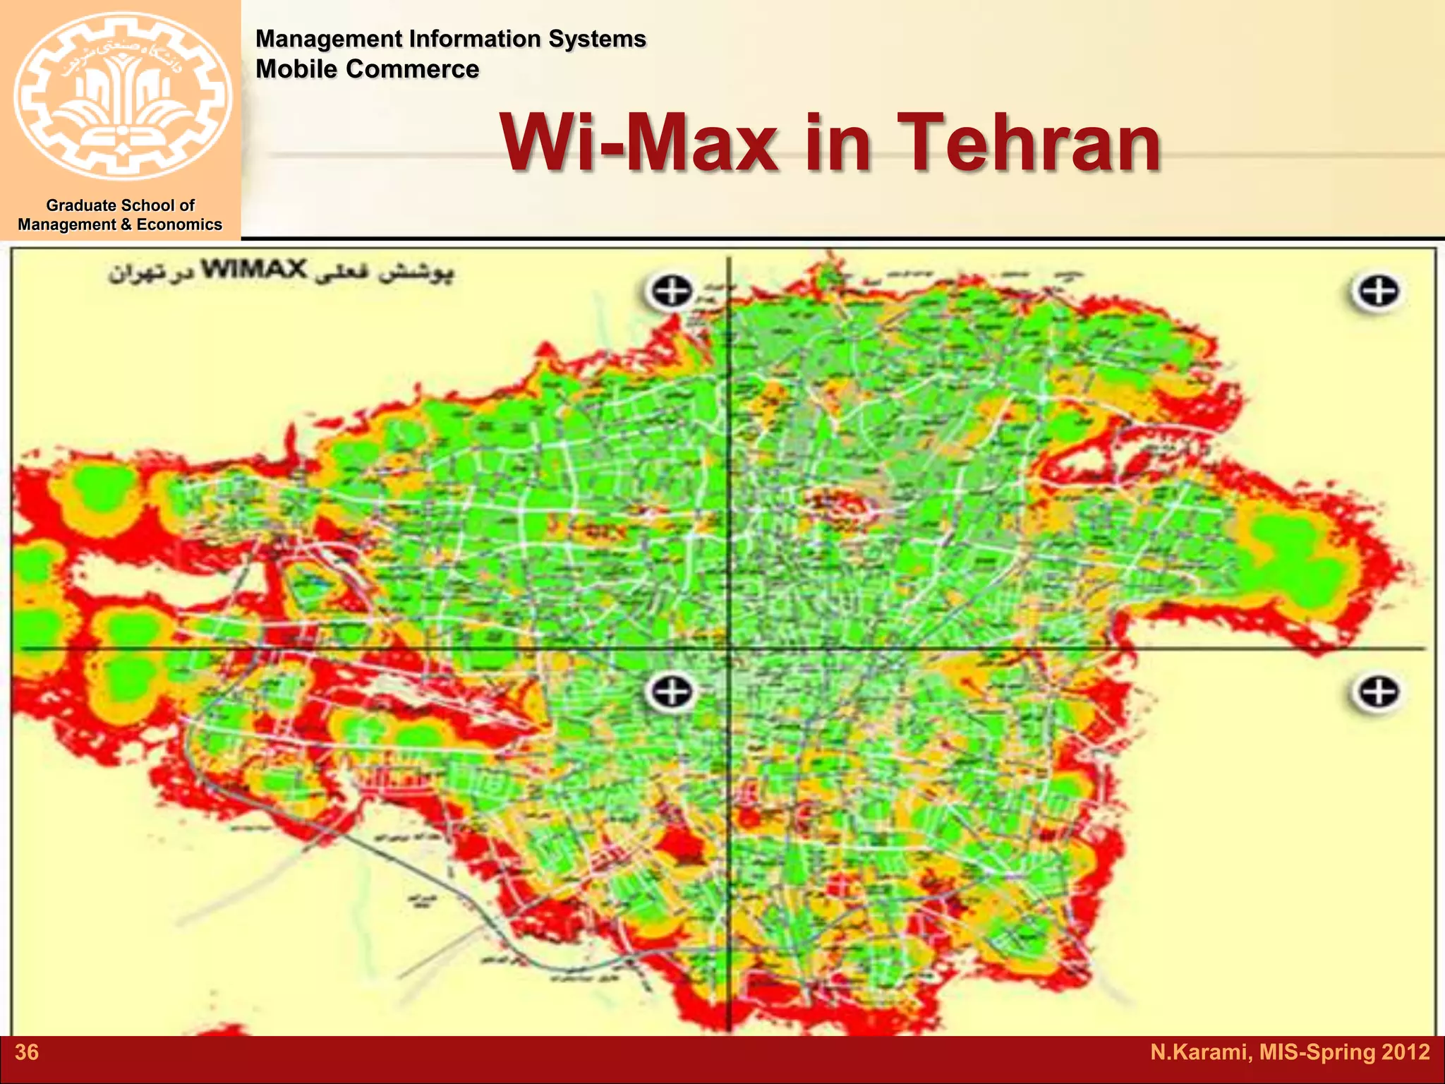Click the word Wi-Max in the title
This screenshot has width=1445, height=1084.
639,143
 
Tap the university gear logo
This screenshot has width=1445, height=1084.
123,96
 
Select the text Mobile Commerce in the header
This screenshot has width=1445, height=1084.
367,69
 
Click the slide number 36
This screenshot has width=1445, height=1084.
27,1052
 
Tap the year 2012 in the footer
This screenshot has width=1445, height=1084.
1405,1052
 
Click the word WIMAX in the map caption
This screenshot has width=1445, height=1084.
255,269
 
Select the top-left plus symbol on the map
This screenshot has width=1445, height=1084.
670,291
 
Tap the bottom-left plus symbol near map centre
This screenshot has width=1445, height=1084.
670,691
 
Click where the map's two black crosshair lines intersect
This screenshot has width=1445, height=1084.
729,648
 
